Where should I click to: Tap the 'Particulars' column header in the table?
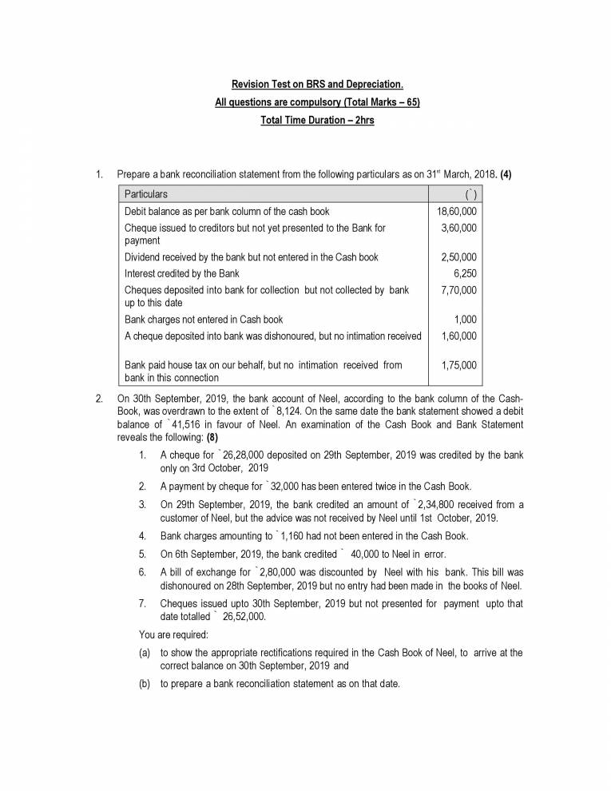pos(146,194)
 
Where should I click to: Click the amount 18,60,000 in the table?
pos(458,212)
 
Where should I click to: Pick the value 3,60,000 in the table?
pos(458,229)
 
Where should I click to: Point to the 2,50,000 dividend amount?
pos(458,257)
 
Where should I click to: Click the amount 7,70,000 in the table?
pos(458,290)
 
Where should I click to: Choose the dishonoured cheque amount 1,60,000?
pos(458,336)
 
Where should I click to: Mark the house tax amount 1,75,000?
pos(458,365)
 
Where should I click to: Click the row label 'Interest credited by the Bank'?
pos(181,273)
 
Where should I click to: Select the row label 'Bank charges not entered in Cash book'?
pos(204,320)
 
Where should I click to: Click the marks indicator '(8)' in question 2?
pos(212,437)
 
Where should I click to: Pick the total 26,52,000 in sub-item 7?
pos(244,616)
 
